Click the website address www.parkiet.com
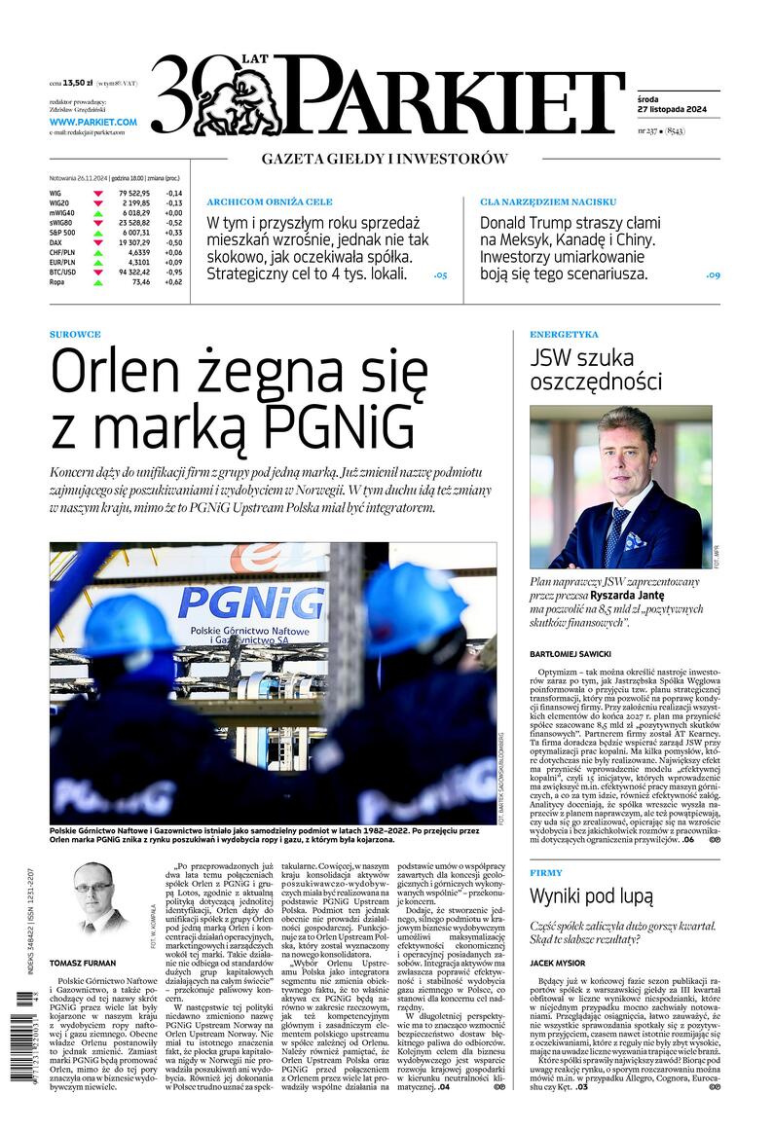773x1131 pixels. (x=92, y=122)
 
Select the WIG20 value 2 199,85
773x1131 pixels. (x=133, y=202)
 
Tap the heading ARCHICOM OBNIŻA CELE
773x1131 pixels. (x=270, y=201)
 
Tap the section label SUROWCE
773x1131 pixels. (x=75, y=334)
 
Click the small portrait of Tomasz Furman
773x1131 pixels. (x=96, y=900)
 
